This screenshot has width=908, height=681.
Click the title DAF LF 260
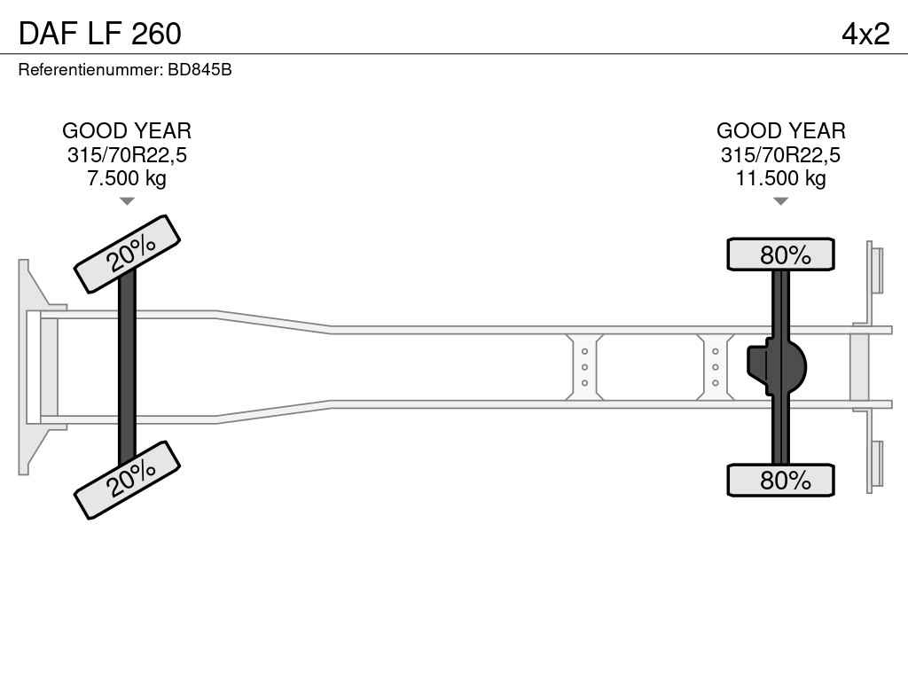[99, 34]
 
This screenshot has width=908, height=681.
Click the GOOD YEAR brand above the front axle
[127, 131]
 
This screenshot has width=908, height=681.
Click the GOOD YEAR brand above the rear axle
[780, 131]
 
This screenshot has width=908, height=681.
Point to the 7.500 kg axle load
[127, 178]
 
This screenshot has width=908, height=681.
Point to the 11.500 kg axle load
[780, 178]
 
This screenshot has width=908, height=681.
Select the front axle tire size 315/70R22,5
[127, 155]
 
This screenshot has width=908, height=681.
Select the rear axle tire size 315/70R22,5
[780, 155]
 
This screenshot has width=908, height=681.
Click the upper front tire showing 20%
[127, 254]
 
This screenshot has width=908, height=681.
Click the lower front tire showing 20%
[127, 479]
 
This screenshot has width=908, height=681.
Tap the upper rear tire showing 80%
[780, 254]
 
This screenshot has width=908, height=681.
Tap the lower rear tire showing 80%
[780, 480]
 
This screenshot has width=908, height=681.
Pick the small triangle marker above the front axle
[127, 201]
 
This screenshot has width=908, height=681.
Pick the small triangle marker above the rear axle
[780, 201]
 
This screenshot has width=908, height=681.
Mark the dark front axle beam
[127, 366]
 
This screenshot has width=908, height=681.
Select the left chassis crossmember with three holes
[585, 366]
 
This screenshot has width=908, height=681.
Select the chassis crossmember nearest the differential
[716, 366]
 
